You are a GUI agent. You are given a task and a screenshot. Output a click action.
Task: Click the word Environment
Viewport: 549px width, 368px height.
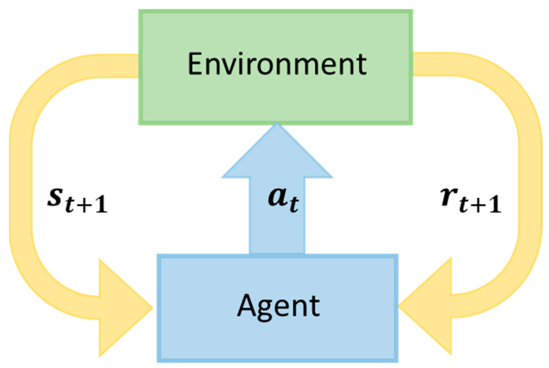point(277,64)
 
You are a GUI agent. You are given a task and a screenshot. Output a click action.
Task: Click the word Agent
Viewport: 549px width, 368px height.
point(278,306)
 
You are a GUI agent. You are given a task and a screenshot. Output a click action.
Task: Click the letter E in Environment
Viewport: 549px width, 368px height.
point(196,64)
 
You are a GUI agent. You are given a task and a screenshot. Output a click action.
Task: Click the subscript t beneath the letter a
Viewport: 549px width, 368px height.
point(294,205)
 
